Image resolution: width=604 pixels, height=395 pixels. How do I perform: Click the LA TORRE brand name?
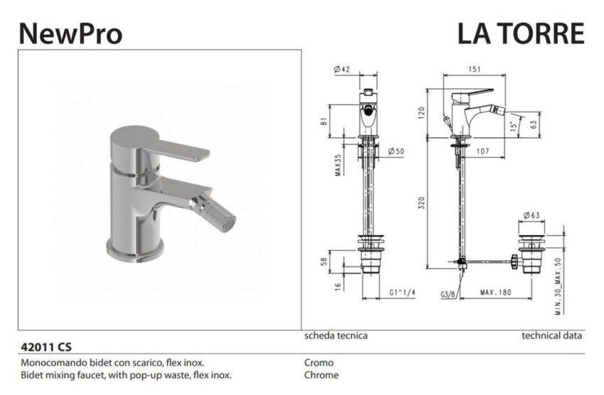520,33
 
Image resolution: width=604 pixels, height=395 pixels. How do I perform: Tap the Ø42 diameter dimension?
343,69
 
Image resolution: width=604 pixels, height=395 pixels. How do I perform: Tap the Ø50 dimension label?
397,151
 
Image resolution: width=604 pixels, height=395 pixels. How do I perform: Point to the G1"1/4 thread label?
403,292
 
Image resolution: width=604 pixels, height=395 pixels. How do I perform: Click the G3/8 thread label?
448,292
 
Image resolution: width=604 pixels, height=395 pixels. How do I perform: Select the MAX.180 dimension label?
496,292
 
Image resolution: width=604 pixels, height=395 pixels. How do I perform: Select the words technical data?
551,335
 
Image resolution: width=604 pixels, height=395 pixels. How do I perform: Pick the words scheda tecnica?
336,335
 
